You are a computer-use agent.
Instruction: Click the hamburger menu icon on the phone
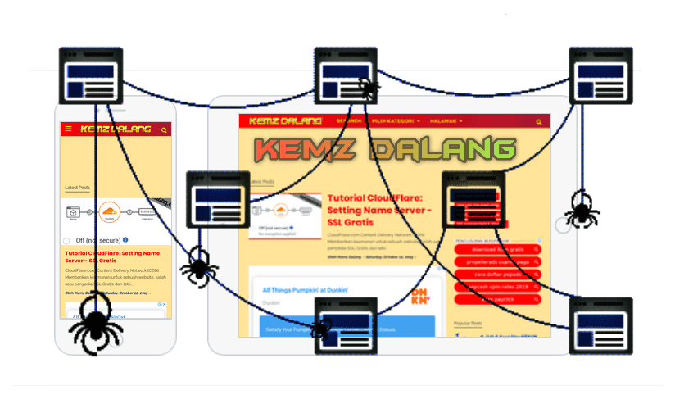(x=68, y=129)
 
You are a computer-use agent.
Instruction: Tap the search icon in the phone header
(x=165, y=130)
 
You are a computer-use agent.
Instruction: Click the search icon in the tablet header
(x=539, y=122)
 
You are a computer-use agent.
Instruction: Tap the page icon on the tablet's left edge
(x=218, y=200)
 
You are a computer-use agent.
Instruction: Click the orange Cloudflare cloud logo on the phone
(x=110, y=214)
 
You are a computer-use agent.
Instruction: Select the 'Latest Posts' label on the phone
(x=77, y=188)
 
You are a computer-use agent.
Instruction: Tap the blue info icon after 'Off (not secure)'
(x=126, y=240)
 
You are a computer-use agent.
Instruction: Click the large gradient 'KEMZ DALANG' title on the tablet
(x=383, y=149)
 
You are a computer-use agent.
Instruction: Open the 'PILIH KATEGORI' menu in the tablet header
(x=396, y=121)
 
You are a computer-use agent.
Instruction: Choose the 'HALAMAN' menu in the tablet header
(x=446, y=121)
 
